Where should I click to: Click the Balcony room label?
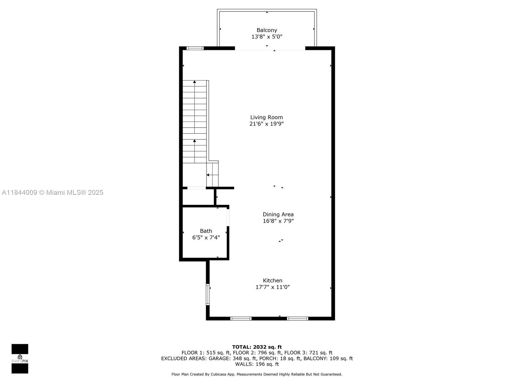[267, 30]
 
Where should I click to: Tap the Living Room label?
[267, 117]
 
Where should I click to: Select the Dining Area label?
[278, 214]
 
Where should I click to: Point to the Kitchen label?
[272, 280]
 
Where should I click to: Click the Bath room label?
[206, 231]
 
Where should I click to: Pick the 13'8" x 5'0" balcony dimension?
[267, 37]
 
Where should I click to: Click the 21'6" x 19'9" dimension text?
[267, 124]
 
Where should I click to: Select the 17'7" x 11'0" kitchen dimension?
[272, 287]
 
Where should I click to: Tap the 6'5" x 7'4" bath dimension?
[206, 237]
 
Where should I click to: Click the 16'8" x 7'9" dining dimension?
[278, 221]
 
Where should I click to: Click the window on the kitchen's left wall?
[208, 295]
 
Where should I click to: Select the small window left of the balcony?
[195, 48]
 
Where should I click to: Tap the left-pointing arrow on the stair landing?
[212, 175]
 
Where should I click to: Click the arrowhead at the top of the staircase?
[194, 82]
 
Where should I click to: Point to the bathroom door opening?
[228, 218]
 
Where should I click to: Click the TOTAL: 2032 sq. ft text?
[257, 347]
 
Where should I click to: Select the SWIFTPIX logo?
[20, 359]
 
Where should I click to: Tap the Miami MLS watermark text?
[52, 193]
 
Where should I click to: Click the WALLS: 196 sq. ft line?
[257, 364]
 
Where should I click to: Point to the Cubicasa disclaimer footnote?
[257, 374]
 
